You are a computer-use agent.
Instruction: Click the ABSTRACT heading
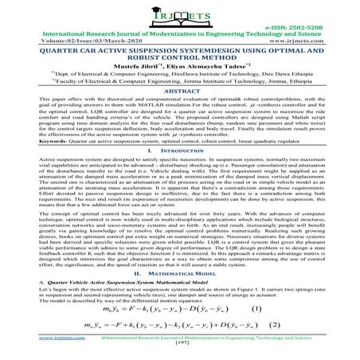pos(180,113)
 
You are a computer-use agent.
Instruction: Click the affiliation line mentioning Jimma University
pos(180,101)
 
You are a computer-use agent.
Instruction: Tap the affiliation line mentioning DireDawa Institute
pos(180,91)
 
